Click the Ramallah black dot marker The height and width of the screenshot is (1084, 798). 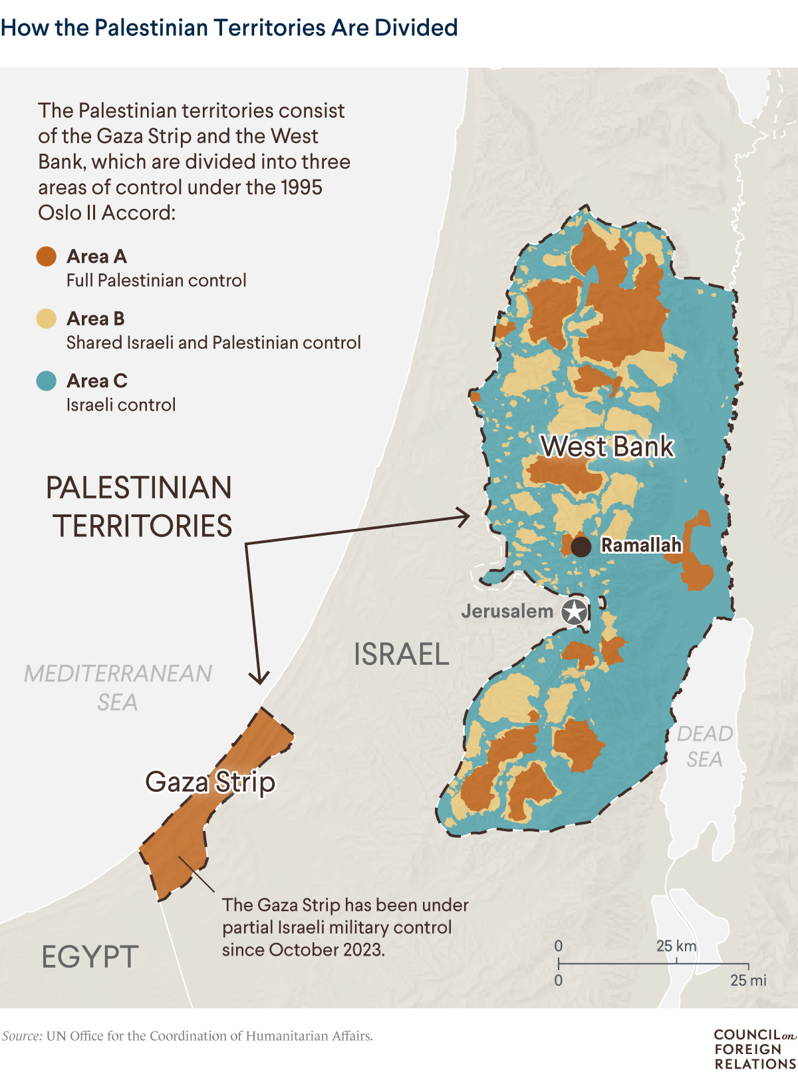pyautogui.click(x=581, y=547)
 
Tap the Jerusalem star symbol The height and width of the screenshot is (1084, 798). pyautogui.click(x=575, y=612)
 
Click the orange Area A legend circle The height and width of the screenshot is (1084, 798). pyautogui.click(x=47, y=256)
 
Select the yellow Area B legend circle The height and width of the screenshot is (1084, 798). pyautogui.click(x=47, y=319)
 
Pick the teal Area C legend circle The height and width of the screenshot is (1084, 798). pyautogui.click(x=47, y=381)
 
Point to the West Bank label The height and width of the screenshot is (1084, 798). pyautogui.click(x=607, y=447)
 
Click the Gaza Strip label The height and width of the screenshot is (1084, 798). pyautogui.click(x=210, y=782)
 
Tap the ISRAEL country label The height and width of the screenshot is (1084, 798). pyautogui.click(x=401, y=654)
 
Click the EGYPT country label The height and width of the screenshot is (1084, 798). pyautogui.click(x=90, y=957)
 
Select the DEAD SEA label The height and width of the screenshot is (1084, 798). pyautogui.click(x=705, y=746)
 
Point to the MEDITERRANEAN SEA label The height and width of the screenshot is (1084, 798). pyautogui.click(x=118, y=687)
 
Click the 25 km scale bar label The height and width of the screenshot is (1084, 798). pyautogui.click(x=676, y=946)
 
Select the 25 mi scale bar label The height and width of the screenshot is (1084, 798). pyautogui.click(x=748, y=980)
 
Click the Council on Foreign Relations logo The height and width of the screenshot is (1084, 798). pyautogui.click(x=755, y=1049)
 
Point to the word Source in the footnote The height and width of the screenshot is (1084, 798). pyautogui.click(x=22, y=1036)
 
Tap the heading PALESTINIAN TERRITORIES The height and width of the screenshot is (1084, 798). pyautogui.click(x=139, y=506)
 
